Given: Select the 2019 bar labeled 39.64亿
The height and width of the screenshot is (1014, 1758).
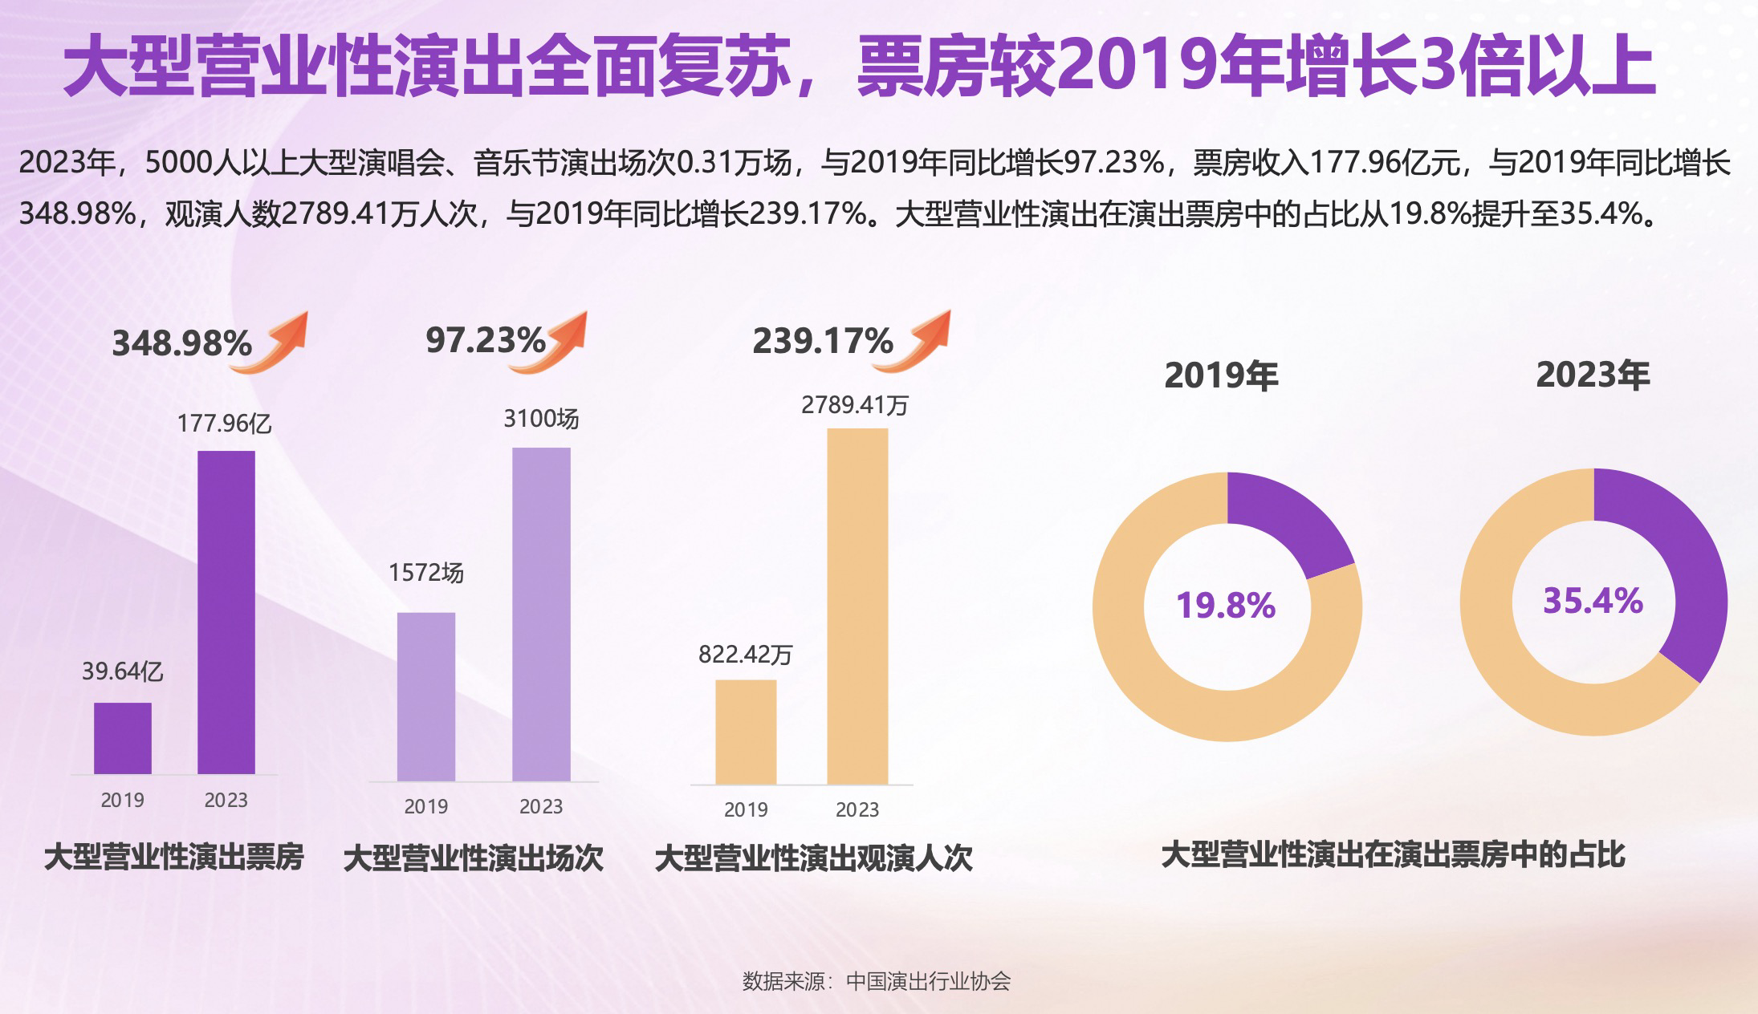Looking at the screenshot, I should tap(123, 738).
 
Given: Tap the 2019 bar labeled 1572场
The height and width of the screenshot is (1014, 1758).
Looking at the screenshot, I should tap(426, 696).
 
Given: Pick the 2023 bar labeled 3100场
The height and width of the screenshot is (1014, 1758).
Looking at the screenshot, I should tap(542, 614).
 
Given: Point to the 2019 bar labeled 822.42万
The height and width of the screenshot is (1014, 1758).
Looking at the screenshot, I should tap(746, 732).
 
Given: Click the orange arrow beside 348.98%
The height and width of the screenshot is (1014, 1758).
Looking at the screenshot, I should tap(271, 342).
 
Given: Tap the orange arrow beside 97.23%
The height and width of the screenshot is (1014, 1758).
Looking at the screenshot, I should tap(551, 342).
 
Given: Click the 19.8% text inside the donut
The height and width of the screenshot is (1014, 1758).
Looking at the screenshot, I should tap(1226, 606).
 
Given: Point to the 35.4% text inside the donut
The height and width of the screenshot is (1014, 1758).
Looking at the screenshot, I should tap(1593, 601).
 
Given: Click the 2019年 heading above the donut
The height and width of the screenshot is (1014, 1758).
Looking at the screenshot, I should tap(1221, 376).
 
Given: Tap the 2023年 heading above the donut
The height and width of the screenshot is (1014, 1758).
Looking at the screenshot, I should tap(1593, 375).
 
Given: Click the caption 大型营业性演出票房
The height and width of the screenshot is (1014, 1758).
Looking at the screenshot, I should tap(174, 857).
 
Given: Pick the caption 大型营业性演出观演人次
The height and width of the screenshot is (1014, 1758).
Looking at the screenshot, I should tap(813, 858).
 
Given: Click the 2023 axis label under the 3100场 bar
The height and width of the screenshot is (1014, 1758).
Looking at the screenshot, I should tap(541, 806).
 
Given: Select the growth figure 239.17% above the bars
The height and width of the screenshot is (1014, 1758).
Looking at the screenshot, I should tap(822, 342).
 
